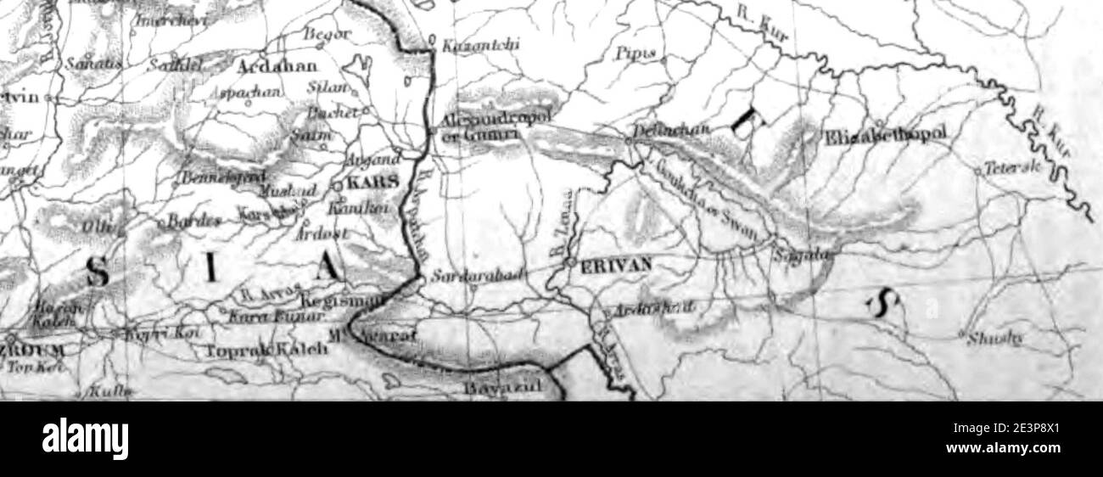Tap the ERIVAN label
(x=616, y=264)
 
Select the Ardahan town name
(x=277, y=68)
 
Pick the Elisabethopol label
(x=887, y=134)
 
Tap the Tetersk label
(x=1011, y=169)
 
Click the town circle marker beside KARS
(x=336, y=185)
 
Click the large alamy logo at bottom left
(x=85, y=439)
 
